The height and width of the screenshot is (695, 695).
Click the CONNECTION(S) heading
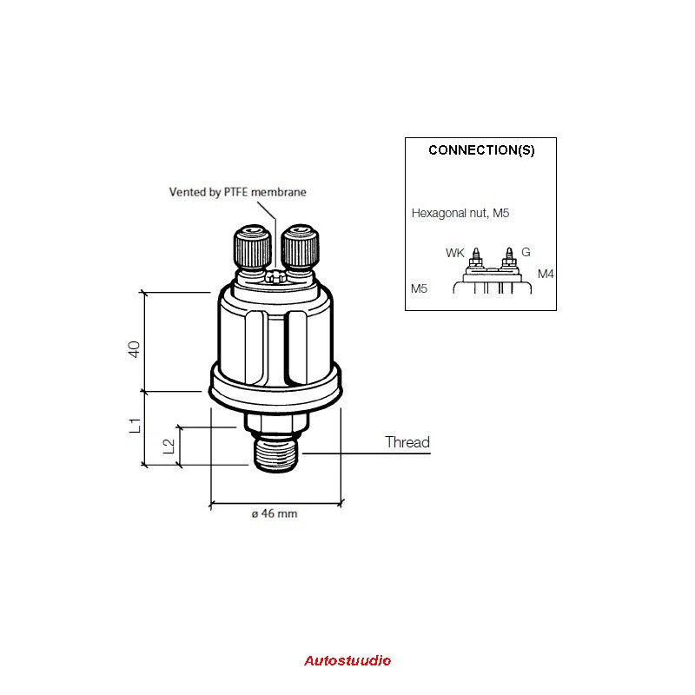(481, 150)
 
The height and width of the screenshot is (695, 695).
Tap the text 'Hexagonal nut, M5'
(460, 213)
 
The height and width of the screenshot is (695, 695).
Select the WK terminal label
(454, 253)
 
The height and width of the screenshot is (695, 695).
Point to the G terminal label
(526, 252)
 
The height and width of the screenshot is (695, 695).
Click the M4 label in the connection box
(546, 274)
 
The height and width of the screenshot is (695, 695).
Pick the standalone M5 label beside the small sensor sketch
(419, 288)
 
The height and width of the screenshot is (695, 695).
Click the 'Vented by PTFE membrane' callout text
(237, 192)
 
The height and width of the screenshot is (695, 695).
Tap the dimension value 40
(134, 349)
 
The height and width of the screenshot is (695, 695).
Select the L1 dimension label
(135, 426)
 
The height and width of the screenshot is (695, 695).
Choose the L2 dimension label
(169, 446)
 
